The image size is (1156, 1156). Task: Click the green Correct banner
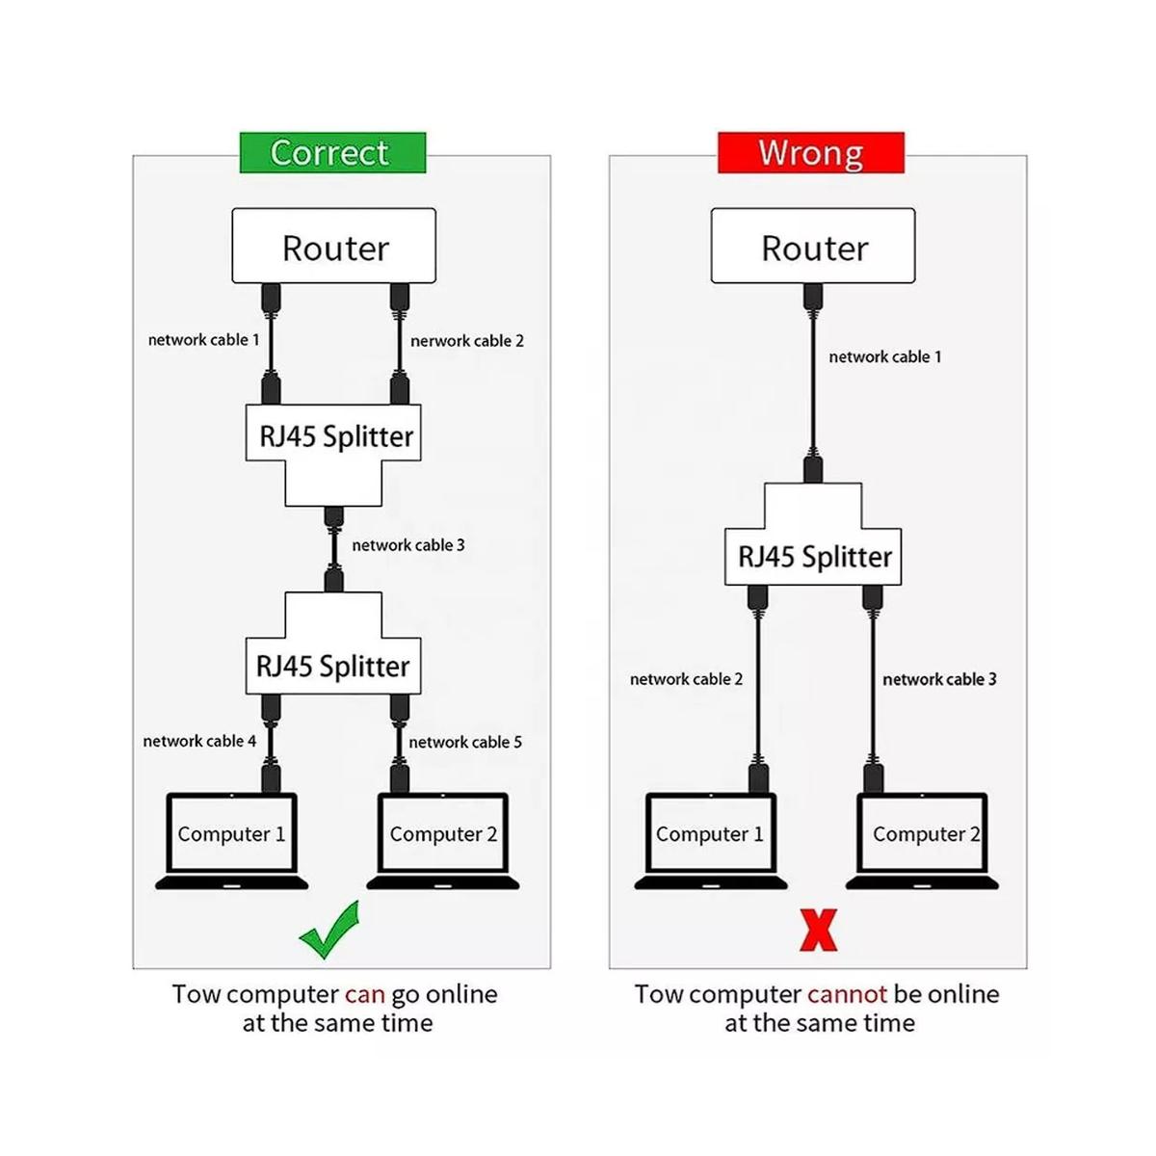[332, 153]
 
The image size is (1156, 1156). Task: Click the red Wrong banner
[810, 153]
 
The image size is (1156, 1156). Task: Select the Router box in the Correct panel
[334, 247]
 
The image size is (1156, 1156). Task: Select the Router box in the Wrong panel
[813, 247]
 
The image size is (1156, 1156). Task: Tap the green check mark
[329, 930]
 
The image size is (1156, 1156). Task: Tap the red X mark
[818, 930]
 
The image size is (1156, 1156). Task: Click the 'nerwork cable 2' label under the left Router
[467, 341]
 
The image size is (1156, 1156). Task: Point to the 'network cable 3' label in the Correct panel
[408, 545]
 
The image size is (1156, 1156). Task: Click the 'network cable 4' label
[199, 741]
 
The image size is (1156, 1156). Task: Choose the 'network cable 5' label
[465, 742]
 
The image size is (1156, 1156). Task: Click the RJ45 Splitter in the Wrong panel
[814, 556]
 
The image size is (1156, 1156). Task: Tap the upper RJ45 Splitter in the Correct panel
[335, 436]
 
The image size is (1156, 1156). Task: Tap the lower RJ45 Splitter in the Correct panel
[333, 665]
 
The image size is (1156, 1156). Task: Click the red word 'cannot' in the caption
[847, 994]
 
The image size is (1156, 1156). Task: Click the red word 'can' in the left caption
[364, 994]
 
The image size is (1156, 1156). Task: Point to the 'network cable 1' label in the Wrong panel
[885, 356]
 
